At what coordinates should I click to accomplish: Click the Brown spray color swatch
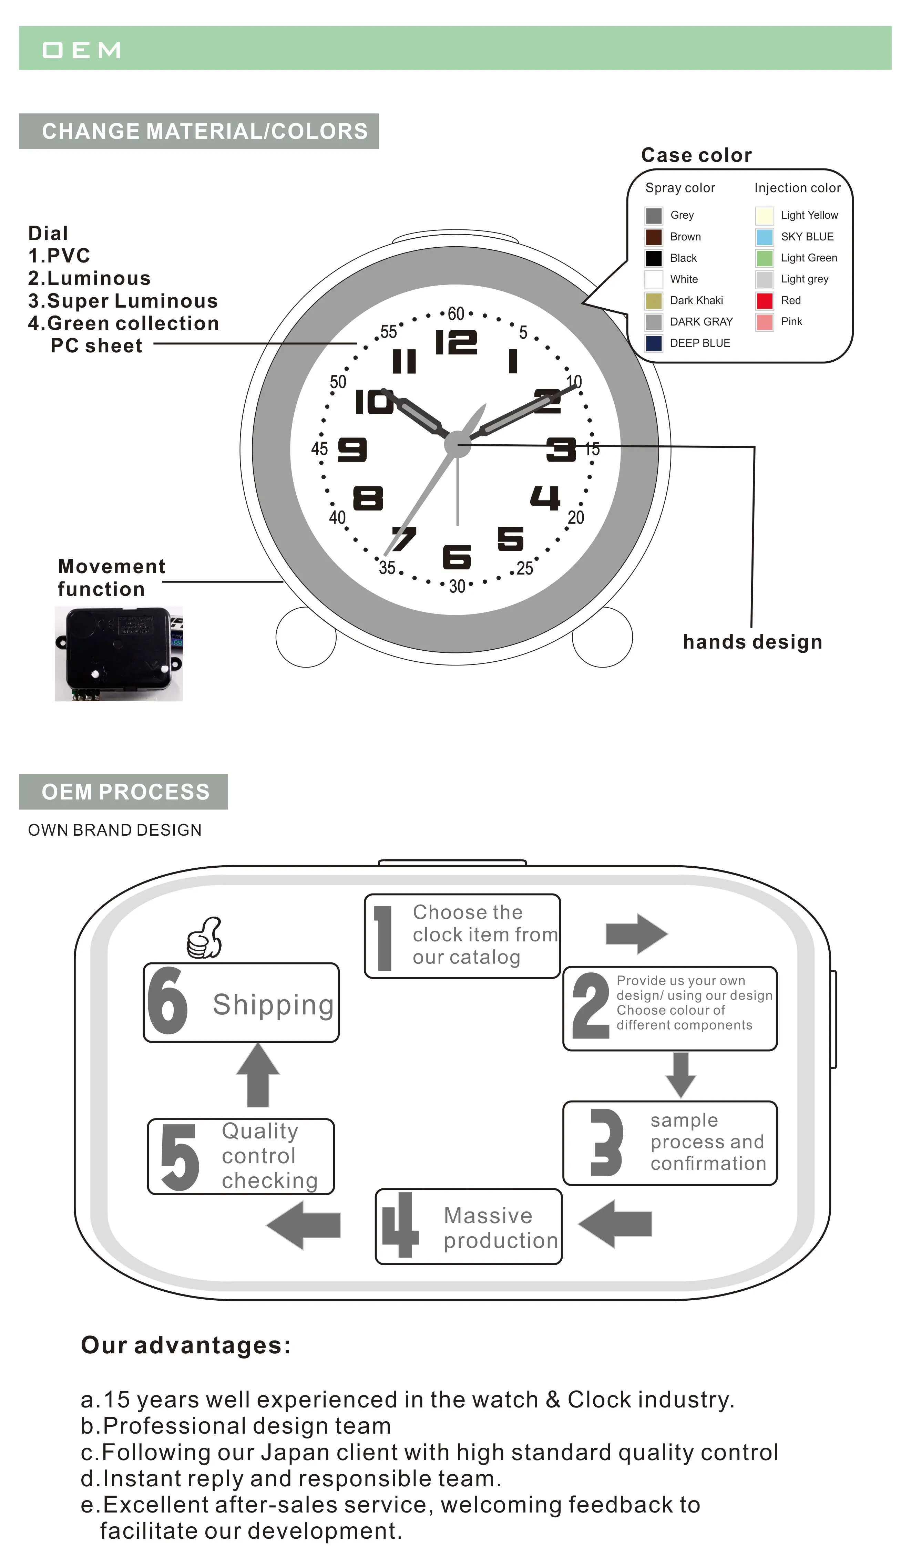[654, 237]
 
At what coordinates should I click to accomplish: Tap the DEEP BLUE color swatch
[654, 343]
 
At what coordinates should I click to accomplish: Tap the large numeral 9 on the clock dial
[352, 450]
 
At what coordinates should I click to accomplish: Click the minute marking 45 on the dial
[319, 448]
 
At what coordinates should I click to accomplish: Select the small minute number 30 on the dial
[457, 586]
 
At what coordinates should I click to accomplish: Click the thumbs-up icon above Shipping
[205, 938]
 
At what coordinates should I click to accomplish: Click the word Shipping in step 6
[273, 1005]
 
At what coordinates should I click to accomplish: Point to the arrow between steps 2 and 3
[681, 1075]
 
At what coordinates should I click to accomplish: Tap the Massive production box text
[500, 1228]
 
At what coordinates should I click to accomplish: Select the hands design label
[752, 642]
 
